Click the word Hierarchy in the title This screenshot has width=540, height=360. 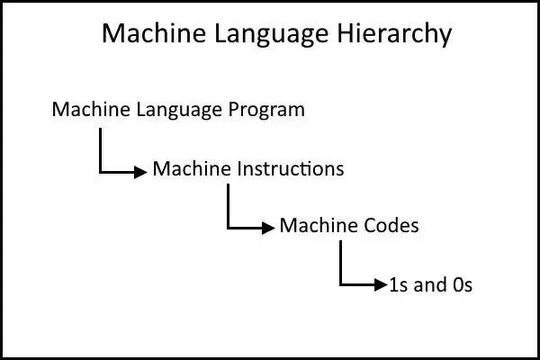tap(394, 33)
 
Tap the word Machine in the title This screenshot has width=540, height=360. tap(154, 32)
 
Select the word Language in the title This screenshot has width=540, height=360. tap(272, 34)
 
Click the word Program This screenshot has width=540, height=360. tap(267, 110)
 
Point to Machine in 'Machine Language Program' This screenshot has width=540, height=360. tap(91, 109)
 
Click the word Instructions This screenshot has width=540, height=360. tap(291, 169)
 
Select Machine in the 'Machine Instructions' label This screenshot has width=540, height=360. tap(192, 169)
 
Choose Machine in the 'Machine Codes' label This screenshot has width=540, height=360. tap(319, 226)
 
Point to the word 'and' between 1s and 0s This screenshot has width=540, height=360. tap(429, 285)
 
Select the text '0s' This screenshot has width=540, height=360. tap(463, 285)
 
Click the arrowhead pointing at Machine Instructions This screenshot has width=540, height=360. tap(140, 172)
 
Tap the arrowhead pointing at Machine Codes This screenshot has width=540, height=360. tap(268, 228)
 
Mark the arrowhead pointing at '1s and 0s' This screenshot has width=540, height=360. tap(381, 285)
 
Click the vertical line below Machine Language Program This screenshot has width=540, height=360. tap(100, 150)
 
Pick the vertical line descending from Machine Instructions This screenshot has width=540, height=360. tap(228, 206)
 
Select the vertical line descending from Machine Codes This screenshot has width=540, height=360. tap(340, 263)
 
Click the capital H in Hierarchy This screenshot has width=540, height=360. tap(346, 32)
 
